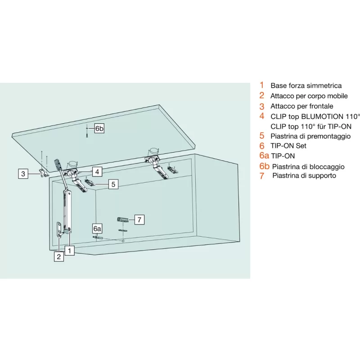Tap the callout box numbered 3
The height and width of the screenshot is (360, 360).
(x=23, y=173)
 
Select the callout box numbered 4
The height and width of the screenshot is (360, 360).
(x=98, y=171)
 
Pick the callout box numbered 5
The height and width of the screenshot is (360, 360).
(x=113, y=184)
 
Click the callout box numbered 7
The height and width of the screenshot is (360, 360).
(x=139, y=220)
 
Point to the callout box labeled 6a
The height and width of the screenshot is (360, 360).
(x=98, y=228)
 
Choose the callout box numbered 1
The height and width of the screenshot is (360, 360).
(x=69, y=250)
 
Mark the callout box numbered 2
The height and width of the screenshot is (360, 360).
(x=58, y=256)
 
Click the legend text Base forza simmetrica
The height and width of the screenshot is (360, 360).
(x=306, y=85)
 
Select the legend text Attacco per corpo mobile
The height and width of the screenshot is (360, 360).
(x=309, y=96)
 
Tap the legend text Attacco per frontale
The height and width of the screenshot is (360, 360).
(x=301, y=106)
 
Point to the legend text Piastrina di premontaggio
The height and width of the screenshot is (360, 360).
(x=310, y=136)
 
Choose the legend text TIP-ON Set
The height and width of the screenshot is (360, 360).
(x=288, y=146)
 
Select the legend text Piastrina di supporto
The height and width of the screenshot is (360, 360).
(x=304, y=175)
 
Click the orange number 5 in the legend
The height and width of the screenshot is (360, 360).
(x=261, y=136)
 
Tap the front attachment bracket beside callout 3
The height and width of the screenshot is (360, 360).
(x=43, y=173)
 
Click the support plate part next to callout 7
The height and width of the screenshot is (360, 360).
(x=122, y=220)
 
